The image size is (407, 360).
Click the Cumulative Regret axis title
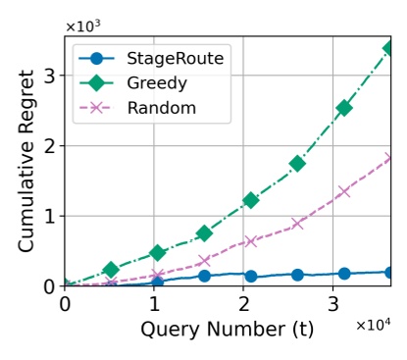click(x=26, y=161)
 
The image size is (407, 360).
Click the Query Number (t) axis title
click(x=227, y=330)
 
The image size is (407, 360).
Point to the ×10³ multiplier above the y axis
click(x=82, y=26)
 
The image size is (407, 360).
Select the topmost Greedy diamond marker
click(x=389, y=47)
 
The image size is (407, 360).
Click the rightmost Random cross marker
click(x=389, y=158)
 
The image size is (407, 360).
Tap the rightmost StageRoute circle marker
click(x=389, y=273)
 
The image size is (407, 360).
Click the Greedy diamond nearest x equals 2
click(x=250, y=200)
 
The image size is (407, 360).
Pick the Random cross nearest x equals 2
click(x=250, y=241)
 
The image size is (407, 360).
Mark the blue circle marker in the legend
click(x=96, y=59)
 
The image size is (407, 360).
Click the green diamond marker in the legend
click(x=96, y=83)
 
